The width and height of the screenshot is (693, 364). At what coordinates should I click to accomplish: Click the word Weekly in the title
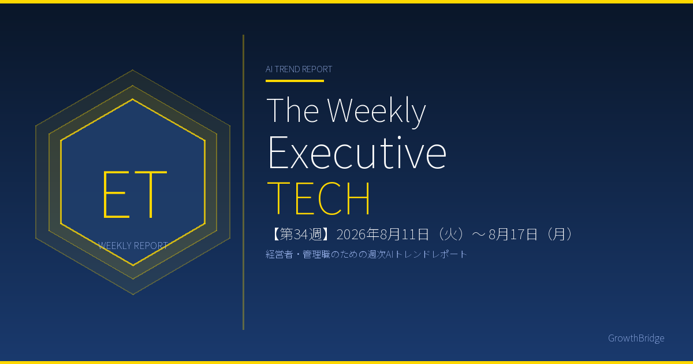[x=377, y=112]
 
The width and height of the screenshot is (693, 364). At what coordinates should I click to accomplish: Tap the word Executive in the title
[x=357, y=153]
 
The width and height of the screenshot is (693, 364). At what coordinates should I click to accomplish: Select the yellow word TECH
[x=318, y=198]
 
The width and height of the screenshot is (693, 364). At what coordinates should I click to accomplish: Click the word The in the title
[x=293, y=110]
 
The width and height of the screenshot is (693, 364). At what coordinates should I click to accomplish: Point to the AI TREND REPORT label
[x=299, y=69]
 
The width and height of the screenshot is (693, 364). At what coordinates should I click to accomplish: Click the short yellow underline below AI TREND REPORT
[x=295, y=81]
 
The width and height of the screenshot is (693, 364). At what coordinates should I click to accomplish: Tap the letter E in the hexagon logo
[x=116, y=194]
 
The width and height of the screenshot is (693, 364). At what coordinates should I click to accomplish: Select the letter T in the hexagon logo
[x=151, y=194]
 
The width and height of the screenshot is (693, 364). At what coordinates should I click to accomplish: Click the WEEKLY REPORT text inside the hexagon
[x=133, y=246]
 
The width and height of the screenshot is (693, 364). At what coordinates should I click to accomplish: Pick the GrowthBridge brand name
[x=636, y=338]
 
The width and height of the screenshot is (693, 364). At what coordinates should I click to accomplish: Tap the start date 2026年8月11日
[x=383, y=235]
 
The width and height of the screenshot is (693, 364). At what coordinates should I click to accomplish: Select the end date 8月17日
[x=513, y=235]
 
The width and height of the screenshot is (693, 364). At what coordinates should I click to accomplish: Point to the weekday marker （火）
[x=449, y=235]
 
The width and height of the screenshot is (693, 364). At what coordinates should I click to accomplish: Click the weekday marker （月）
[x=559, y=235]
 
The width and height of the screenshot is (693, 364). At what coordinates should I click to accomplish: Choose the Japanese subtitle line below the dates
[x=366, y=254]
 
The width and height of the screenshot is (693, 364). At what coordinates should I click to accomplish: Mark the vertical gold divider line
[x=244, y=183]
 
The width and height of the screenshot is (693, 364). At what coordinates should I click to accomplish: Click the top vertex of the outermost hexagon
[x=133, y=70]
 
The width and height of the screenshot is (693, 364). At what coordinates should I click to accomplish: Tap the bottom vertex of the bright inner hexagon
[x=133, y=265]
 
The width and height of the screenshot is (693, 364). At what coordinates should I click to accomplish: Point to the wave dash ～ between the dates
[x=478, y=235]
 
